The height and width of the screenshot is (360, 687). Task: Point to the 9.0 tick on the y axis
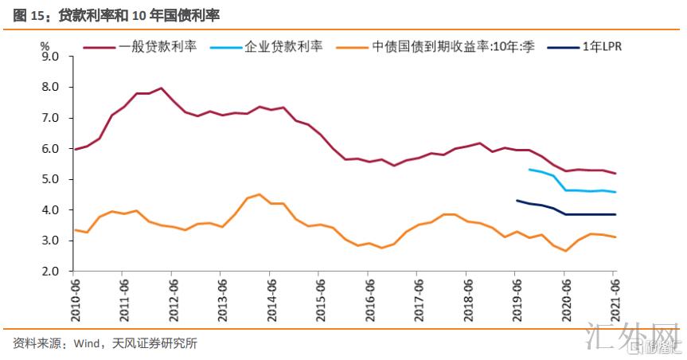50,57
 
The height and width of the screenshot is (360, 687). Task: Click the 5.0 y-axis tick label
50,179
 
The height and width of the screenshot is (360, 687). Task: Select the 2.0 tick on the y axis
50,272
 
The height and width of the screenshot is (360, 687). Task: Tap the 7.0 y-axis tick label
50,118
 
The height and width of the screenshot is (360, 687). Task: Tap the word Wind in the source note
87,344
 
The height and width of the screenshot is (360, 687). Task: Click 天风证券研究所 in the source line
159,344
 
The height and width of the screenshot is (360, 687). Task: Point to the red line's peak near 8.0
161,88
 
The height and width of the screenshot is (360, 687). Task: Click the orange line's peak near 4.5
260,194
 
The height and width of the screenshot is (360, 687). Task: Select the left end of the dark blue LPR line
517,201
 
